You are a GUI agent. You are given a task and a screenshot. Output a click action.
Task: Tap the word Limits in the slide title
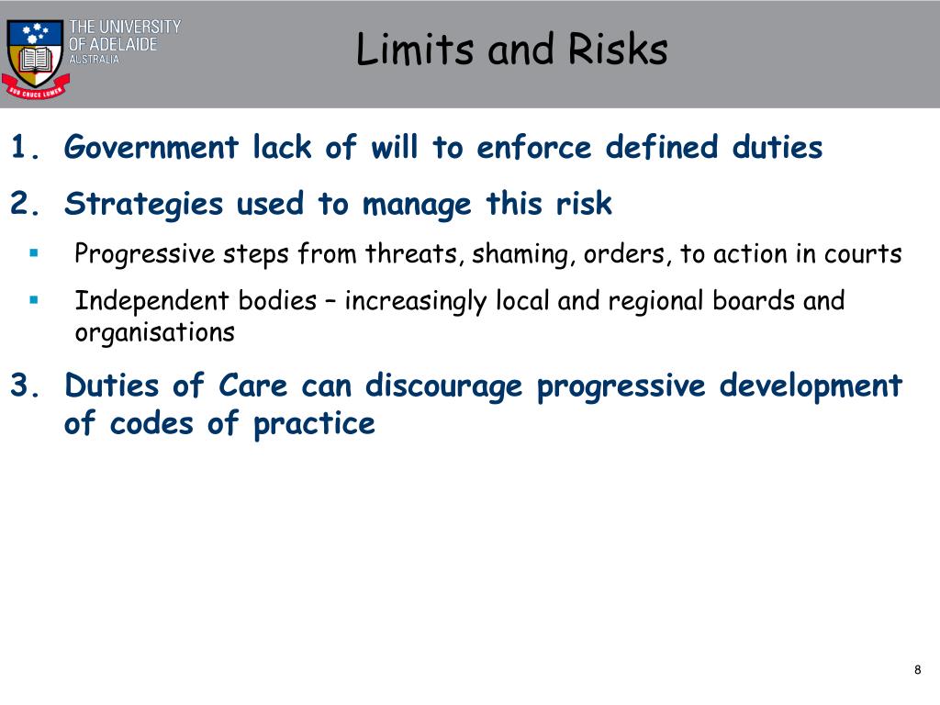coord(417,50)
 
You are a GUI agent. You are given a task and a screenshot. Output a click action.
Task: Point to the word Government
coord(151,147)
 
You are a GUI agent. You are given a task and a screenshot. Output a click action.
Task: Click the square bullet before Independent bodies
coord(33,299)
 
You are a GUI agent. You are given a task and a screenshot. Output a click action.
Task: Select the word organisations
coord(154,332)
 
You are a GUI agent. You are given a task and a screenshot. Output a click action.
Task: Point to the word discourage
coord(443,386)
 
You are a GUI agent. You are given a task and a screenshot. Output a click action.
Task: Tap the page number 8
coord(917,670)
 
